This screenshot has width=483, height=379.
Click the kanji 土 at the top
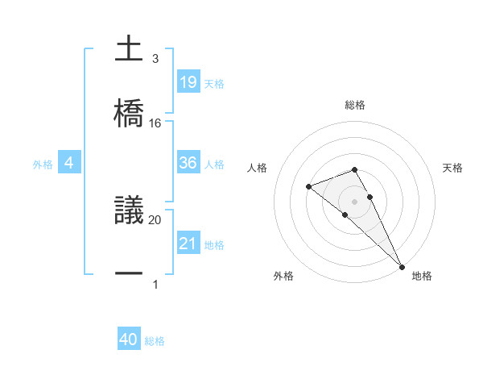point(130,49)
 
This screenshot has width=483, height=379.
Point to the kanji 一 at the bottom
point(130,274)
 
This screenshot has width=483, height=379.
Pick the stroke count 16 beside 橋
point(155,123)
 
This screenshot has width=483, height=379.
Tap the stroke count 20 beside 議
point(155,219)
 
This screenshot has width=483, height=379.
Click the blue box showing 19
point(188,81)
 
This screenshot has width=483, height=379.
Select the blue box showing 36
point(188,163)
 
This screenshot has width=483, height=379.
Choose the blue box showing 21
point(188,243)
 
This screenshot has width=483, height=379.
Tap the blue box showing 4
point(69,163)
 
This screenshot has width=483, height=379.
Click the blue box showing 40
point(129,340)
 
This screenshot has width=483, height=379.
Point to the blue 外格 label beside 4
point(43,164)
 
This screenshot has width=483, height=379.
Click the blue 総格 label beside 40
point(155,341)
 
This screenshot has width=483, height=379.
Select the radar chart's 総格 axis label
point(355,105)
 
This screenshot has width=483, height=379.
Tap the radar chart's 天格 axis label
point(453,168)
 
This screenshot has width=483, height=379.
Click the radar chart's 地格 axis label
point(422,276)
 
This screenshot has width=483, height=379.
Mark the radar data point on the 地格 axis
point(401,265)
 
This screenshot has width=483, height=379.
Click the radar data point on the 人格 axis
point(308,187)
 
